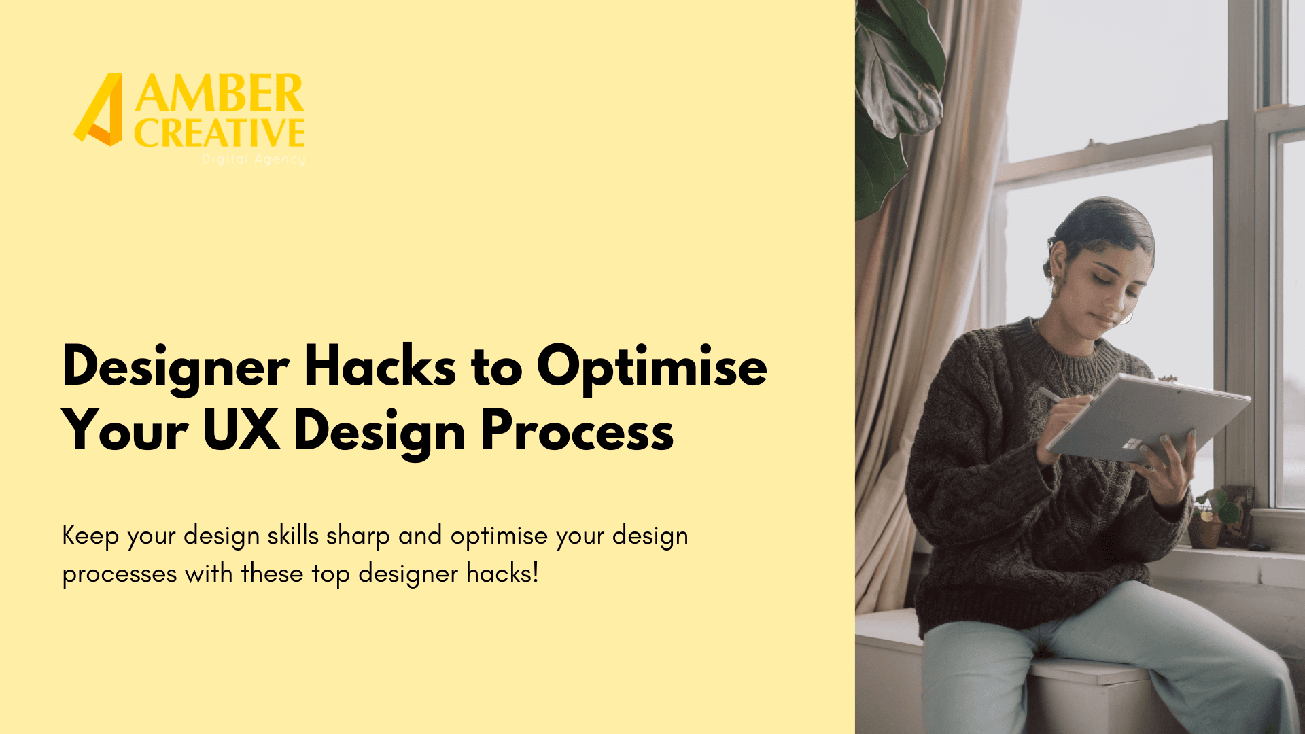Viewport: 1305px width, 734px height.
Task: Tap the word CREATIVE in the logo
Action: click(220, 133)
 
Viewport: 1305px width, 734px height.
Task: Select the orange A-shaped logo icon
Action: click(99, 109)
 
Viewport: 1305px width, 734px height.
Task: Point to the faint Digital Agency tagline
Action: click(254, 159)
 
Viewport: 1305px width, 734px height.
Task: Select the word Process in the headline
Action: click(577, 431)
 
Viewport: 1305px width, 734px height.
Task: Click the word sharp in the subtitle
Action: click(358, 536)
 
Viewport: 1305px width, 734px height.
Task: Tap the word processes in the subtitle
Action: click(120, 575)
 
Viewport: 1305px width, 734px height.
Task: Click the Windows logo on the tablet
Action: click(1130, 444)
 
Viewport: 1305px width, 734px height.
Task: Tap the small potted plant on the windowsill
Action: click(1206, 518)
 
